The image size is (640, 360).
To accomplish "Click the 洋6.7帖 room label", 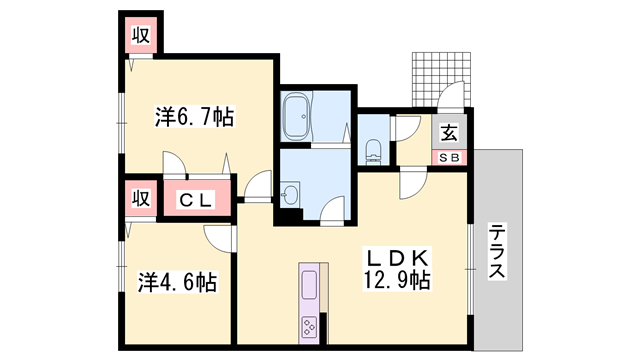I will tap(194, 118).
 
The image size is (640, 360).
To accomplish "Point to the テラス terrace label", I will tap(497, 252).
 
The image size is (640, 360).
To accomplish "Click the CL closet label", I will tap(195, 200).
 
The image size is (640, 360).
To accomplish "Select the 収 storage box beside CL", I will tap(139, 197).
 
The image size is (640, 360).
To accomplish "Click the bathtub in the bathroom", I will tap(298, 118).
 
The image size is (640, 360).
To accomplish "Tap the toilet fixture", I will tap(373, 150).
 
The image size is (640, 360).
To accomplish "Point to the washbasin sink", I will tap(290, 193).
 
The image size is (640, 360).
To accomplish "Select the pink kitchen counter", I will tap(309, 290).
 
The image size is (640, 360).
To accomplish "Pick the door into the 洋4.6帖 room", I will tap(220, 238).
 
